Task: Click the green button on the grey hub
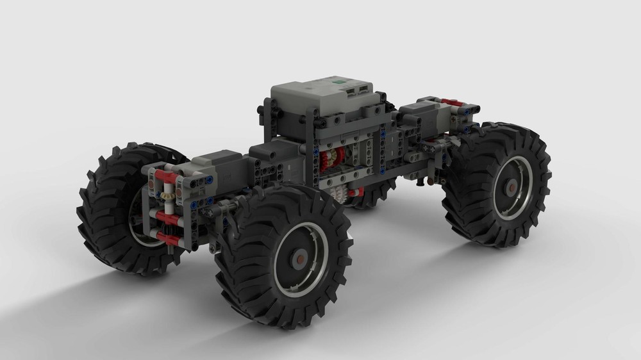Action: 337,83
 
